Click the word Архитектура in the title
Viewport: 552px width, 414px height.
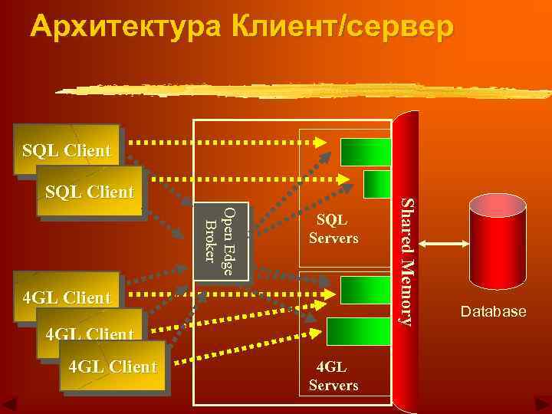coord(123,26)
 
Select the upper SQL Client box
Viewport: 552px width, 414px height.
coord(67,149)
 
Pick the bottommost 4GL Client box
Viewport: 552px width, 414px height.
coord(113,366)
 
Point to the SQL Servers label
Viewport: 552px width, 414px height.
coord(333,228)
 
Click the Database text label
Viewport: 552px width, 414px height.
coord(493,311)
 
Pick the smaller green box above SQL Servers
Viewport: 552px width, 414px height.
coord(377,184)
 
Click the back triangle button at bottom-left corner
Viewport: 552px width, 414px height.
coord(11,404)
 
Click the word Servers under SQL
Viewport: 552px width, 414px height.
coord(333,238)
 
